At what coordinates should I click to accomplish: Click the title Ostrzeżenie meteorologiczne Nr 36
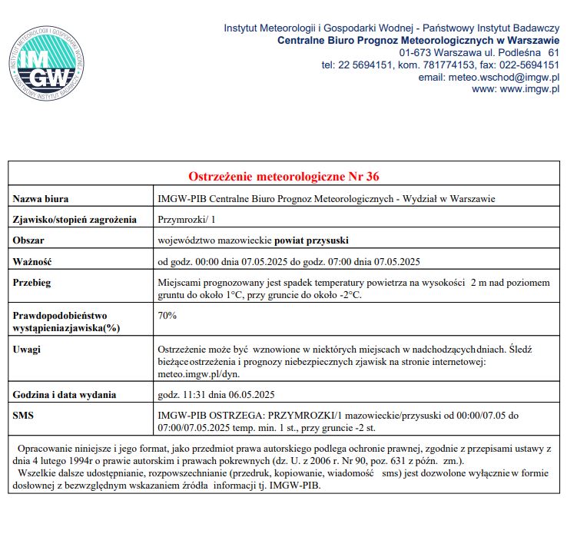283,177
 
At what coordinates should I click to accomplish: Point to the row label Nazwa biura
41,199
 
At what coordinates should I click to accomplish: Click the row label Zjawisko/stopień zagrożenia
75,219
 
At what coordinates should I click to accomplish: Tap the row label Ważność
32,260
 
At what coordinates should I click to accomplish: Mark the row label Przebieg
32,282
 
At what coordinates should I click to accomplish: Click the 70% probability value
167,315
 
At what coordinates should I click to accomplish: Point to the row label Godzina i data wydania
65,395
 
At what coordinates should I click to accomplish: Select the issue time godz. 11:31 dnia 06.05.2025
216,395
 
